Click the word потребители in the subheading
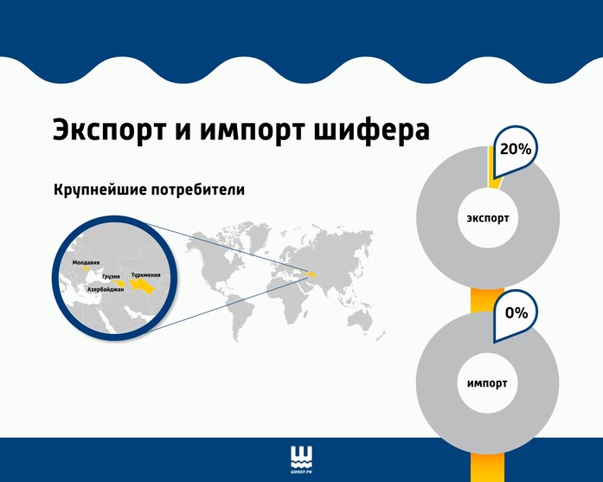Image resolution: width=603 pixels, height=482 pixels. point(198,190)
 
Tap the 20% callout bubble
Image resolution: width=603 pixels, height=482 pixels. point(515,150)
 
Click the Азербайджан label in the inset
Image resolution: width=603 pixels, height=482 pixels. point(106,289)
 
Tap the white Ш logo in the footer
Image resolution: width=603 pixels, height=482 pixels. point(302,457)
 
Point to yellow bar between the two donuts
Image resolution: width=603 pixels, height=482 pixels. point(481,299)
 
